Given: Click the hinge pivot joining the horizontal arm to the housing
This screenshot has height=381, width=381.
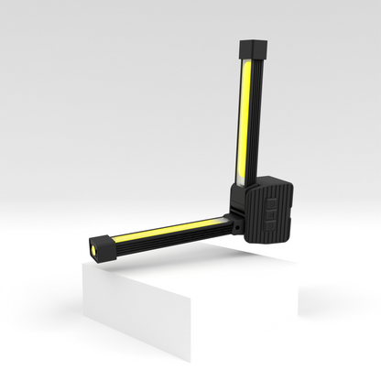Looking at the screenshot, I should point(236,219).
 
